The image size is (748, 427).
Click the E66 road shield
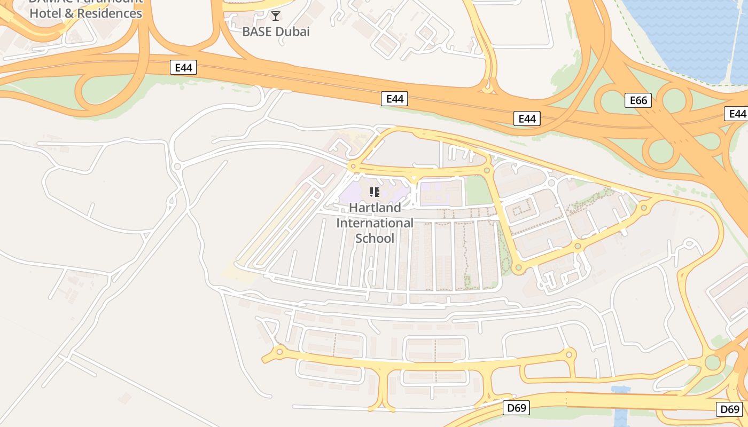click(638, 100)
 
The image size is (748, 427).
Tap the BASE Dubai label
click(276, 31)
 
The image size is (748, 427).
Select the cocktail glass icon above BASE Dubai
click(276, 16)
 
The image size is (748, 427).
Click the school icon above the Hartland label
click(375, 192)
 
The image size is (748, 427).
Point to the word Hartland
click(375, 208)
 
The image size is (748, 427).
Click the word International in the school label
click(375, 223)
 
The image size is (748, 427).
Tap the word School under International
click(375, 238)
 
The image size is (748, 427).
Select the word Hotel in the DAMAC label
click(44, 13)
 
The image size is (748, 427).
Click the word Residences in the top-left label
click(110, 13)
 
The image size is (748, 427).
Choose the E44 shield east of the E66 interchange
click(737, 114)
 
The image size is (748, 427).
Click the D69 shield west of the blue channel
click(517, 408)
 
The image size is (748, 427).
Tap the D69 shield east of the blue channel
click(729, 409)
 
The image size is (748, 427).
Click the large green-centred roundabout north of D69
click(713, 362)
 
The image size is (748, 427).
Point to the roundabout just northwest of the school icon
click(353, 167)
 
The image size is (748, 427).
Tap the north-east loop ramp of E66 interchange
click(674, 100)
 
